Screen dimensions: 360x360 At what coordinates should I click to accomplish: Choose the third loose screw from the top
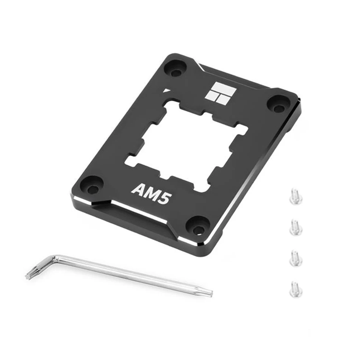coord(295,259)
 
